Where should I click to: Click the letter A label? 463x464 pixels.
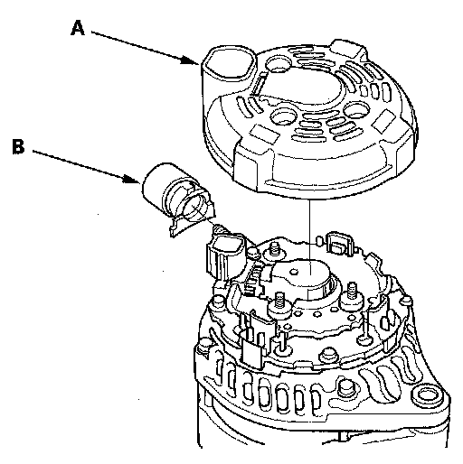click(x=78, y=28)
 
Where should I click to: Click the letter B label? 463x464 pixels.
click(x=18, y=146)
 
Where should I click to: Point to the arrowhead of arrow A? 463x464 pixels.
click(x=191, y=60)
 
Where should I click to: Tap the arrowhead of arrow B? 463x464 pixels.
click(x=132, y=180)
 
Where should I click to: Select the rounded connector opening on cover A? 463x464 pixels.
click(x=229, y=66)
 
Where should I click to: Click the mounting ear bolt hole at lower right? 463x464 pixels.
click(x=428, y=395)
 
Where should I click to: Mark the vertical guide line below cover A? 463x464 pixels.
click(x=309, y=237)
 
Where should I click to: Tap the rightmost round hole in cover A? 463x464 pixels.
click(x=356, y=111)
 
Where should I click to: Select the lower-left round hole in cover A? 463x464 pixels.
click(x=283, y=116)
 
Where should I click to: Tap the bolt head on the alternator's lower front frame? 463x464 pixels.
click(x=346, y=391)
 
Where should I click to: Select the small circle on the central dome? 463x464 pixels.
click(x=294, y=272)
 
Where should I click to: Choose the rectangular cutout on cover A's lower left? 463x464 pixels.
click(x=265, y=134)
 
